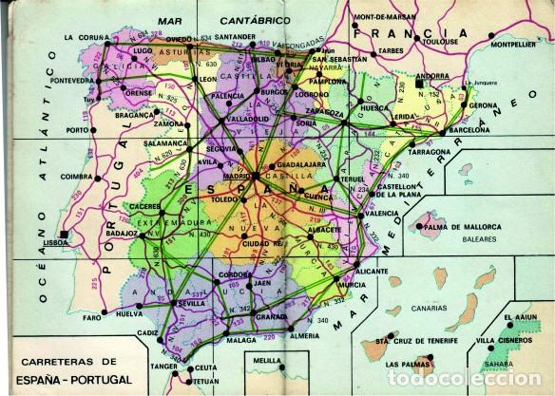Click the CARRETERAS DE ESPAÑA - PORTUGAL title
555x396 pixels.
point(86,369)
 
